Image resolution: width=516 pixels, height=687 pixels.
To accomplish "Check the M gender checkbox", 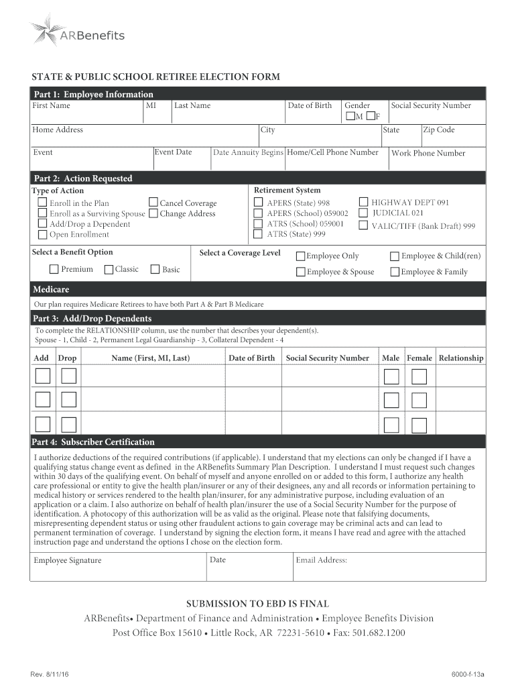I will tap(350, 117).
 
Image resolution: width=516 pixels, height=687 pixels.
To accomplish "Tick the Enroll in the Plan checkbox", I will tap(43, 203).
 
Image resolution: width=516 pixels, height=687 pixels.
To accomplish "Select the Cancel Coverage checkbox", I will tap(153, 203).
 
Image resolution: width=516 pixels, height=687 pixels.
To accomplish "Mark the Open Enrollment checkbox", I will tap(43, 234).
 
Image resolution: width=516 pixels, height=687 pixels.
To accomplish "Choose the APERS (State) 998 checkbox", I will tap(258, 202).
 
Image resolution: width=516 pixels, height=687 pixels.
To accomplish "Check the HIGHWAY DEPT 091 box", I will tap(363, 202).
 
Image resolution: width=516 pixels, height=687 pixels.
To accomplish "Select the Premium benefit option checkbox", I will tap(54, 269).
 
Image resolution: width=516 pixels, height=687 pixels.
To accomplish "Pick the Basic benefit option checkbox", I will tap(155, 269).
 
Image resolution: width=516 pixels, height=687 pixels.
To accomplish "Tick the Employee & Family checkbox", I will tap(395, 272).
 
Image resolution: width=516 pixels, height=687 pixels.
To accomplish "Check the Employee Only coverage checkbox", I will tap(301, 256).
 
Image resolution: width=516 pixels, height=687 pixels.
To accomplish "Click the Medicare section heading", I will tap(51, 290).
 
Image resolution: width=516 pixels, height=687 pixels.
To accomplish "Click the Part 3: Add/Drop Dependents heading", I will tap(92, 318).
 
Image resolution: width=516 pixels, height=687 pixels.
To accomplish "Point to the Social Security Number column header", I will tap(327, 358).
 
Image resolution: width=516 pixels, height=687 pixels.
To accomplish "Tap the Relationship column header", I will tap(460, 358).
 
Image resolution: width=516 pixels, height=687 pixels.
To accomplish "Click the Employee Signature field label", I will tap(68, 560).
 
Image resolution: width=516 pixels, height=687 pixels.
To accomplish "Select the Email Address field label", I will tap(321, 560).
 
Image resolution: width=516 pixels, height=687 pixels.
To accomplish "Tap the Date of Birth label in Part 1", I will tap(310, 105).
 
